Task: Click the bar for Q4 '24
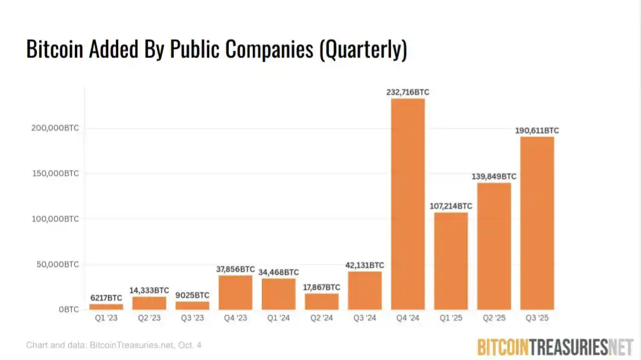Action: click(408, 204)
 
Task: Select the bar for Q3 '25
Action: click(537, 223)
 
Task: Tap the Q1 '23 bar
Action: click(106, 306)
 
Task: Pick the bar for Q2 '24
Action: click(322, 301)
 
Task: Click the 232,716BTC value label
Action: click(408, 92)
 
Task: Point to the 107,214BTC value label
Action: click(451, 206)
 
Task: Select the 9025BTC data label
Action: click(193, 295)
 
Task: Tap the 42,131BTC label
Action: click(365, 265)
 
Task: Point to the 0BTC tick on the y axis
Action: click(69, 310)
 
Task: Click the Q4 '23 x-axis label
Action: click(235, 318)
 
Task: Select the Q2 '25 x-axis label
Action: click(494, 318)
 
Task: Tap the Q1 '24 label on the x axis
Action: click(278, 318)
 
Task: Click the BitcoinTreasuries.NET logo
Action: click(555, 346)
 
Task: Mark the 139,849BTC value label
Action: click(494, 176)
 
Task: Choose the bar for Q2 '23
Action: click(149, 303)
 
